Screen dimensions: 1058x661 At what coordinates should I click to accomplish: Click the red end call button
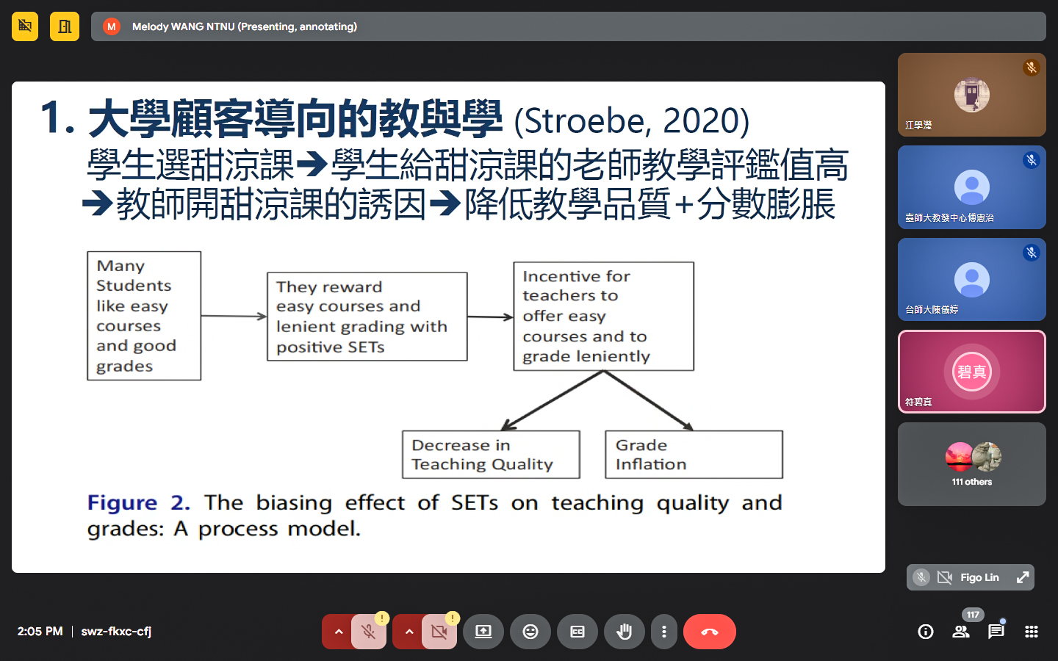(x=710, y=632)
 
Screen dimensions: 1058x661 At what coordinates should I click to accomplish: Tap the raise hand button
(x=624, y=632)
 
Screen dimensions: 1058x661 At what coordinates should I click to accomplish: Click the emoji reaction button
(x=530, y=632)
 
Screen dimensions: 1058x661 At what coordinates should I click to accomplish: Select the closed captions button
(x=577, y=632)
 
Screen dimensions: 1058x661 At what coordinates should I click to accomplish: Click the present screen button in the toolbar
(x=483, y=632)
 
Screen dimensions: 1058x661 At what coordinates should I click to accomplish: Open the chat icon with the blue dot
(x=996, y=631)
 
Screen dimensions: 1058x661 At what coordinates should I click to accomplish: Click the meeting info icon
(x=925, y=632)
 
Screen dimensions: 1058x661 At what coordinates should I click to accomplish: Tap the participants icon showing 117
(x=961, y=632)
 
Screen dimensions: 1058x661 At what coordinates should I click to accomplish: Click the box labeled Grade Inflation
(x=694, y=454)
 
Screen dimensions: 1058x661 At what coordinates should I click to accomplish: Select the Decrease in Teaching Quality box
(x=491, y=454)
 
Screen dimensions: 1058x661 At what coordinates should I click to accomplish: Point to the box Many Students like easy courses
(x=144, y=315)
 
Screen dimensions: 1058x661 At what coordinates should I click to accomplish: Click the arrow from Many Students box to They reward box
(x=234, y=316)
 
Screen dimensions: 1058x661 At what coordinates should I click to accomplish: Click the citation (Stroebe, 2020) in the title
(x=632, y=121)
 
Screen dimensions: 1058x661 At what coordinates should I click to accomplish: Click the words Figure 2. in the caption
(x=138, y=503)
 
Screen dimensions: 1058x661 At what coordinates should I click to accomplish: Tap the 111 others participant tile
(x=971, y=464)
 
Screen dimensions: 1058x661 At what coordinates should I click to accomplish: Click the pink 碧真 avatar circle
(x=971, y=372)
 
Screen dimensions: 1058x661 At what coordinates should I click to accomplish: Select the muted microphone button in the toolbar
(x=368, y=632)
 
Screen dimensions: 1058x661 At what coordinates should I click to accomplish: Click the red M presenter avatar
(x=112, y=26)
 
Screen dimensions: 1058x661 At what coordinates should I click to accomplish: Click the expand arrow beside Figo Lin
(x=1022, y=577)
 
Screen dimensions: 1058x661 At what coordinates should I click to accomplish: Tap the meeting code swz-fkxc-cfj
(x=116, y=632)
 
